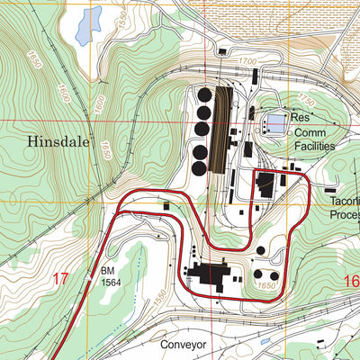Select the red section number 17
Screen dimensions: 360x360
[60, 279]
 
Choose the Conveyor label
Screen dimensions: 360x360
[184, 345]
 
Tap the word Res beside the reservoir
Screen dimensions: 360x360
[299, 117]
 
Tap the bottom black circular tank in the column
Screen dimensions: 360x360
[200, 168]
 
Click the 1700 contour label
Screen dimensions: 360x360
[247, 60]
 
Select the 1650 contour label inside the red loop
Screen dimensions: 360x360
[265, 285]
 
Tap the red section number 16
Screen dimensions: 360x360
[350, 283]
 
